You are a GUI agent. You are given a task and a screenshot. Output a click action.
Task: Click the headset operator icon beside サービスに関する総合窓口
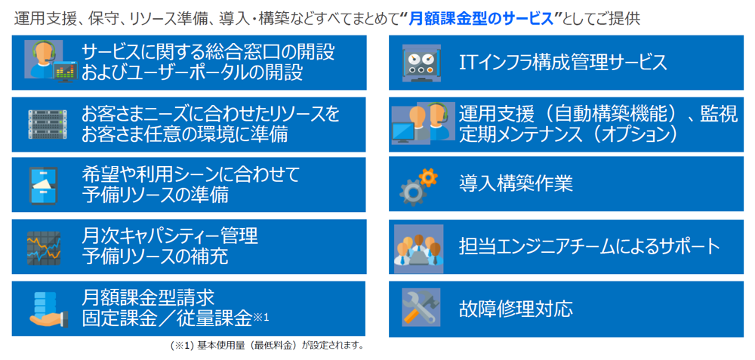51,62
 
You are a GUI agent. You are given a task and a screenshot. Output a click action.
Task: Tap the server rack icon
47,125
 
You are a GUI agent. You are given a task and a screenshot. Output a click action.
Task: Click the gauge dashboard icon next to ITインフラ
421,63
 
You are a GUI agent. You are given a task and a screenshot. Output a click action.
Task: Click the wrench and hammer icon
421,307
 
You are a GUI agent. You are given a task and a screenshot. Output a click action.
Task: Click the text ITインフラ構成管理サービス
563,63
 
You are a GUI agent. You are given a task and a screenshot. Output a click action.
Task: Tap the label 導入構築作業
516,184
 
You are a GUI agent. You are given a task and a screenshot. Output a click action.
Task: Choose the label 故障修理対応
516,308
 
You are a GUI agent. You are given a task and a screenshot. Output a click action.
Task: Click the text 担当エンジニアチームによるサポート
590,247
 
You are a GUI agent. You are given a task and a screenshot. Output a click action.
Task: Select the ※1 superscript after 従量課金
261,318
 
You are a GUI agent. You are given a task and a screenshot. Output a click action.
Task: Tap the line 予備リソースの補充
155,256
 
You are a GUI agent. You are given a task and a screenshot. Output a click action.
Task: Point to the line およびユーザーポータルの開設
192,72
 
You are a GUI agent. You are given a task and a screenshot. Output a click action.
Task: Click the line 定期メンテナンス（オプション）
569,134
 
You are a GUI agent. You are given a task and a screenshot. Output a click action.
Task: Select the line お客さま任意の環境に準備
185,134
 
